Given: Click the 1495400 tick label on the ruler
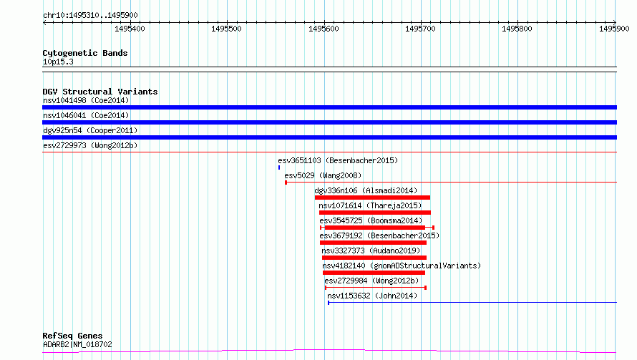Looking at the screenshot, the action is [130, 29].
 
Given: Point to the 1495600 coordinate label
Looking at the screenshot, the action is [324, 29].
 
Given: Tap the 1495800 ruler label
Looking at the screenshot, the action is [517, 29].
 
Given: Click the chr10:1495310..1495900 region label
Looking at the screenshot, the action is [90, 15].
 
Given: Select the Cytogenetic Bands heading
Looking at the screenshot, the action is [85, 53].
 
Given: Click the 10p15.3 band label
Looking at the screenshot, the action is [58, 62].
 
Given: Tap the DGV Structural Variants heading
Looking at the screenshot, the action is [100, 92].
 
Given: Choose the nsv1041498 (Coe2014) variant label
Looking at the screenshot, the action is [86, 100].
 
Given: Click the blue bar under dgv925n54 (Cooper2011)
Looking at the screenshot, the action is [329, 137].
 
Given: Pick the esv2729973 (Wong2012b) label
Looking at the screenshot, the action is [90, 145].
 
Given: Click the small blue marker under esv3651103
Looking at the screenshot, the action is [279, 167].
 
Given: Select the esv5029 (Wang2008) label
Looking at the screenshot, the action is [323, 175].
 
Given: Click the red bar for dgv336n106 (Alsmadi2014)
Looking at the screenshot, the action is [372, 198].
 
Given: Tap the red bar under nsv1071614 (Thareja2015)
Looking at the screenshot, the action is [375, 213].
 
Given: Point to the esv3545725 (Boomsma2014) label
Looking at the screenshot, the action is [371, 220].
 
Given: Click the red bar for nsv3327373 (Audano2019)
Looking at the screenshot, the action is [374, 258].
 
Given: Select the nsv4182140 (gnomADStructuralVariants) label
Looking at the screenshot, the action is [402, 266].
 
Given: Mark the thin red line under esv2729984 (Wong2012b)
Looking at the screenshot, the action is [376, 288].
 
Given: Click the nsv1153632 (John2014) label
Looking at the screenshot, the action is [372, 296].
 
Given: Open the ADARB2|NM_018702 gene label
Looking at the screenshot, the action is [77, 344].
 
